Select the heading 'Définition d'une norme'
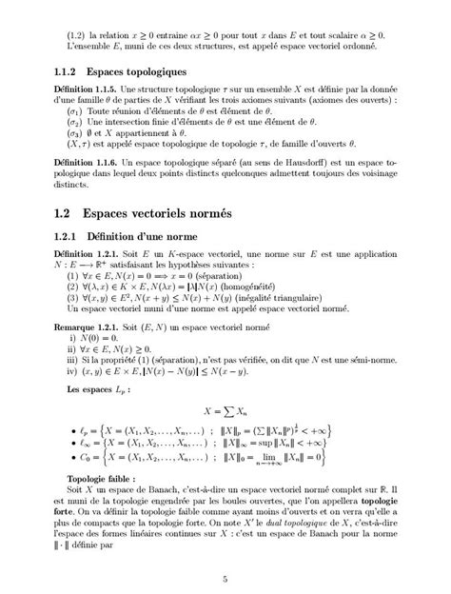[145, 238]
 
